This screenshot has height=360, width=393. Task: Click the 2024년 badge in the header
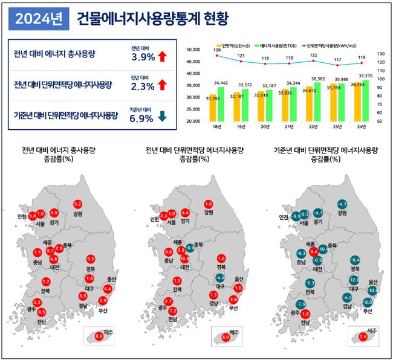coord(38,19)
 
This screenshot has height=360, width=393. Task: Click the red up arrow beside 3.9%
coord(162,57)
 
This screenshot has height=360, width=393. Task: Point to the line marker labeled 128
coord(216,55)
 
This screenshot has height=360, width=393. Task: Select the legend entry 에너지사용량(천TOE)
coord(277,45)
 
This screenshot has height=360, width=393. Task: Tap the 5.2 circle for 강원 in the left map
coord(78,205)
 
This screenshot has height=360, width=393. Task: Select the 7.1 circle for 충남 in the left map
coord(37,252)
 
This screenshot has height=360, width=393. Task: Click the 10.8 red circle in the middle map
coord(184,258)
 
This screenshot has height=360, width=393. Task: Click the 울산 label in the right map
coord(373,282)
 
